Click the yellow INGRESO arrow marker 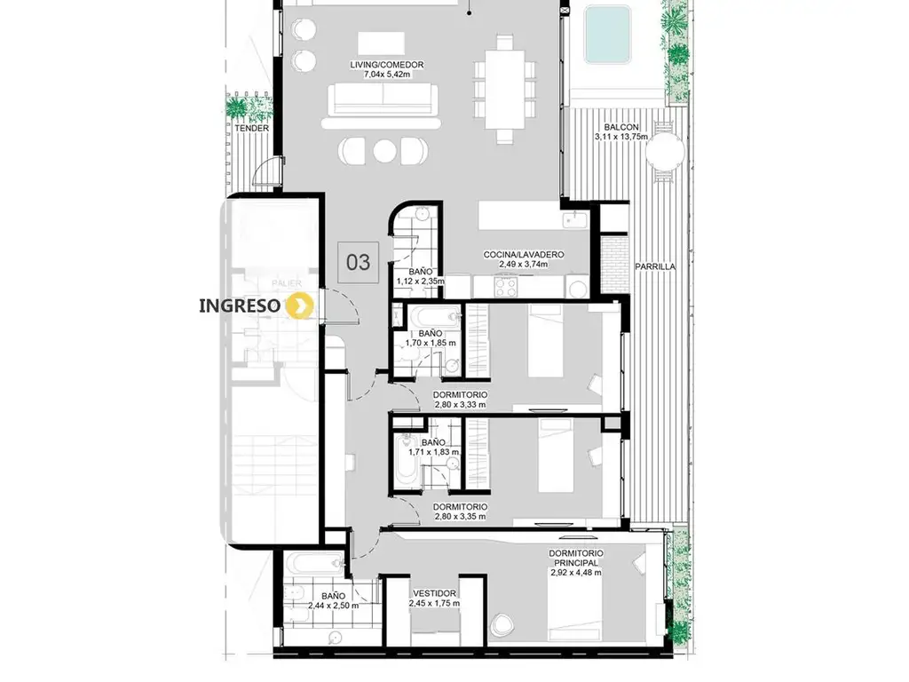[x=300, y=305]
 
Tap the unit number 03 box [x=359, y=262]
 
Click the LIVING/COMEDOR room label [x=387, y=65]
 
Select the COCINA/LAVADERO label [x=524, y=255]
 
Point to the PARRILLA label [x=655, y=266]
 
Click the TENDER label [x=251, y=128]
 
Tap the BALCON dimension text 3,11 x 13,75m [x=620, y=137]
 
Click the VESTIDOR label [x=434, y=593]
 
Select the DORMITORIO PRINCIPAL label [x=575, y=558]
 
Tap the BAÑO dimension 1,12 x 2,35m [x=420, y=282]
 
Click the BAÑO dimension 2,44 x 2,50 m [x=334, y=606]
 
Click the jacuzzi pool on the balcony [x=607, y=34]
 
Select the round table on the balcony [x=665, y=151]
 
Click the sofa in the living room [x=383, y=99]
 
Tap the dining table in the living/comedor [x=504, y=88]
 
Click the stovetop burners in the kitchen [x=505, y=285]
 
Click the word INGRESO [x=240, y=305]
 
